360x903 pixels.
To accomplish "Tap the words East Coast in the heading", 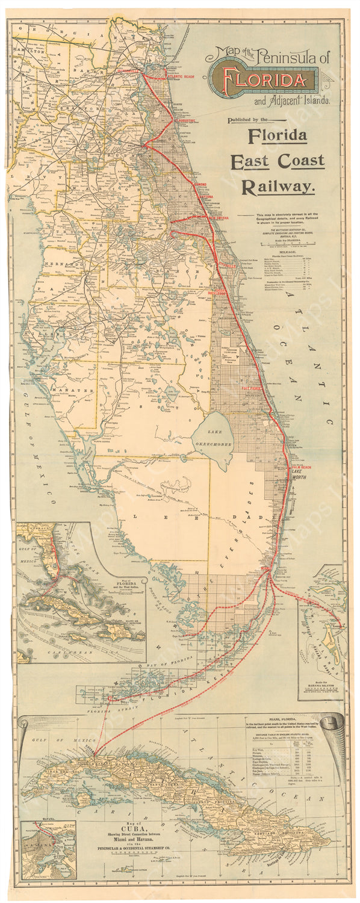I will pos(278,161).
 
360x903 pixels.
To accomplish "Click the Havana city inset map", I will pos(48,849).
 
